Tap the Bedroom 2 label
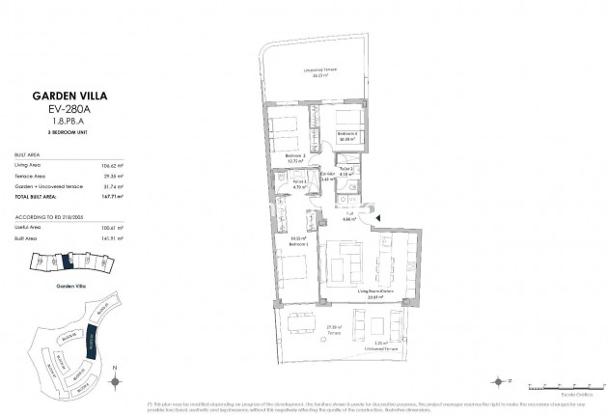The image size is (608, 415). pyautogui.click(x=295, y=158)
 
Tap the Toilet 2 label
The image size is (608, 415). pyautogui.click(x=346, y=171)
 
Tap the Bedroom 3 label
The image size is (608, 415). pyautogui.click(x=347, y=134)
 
